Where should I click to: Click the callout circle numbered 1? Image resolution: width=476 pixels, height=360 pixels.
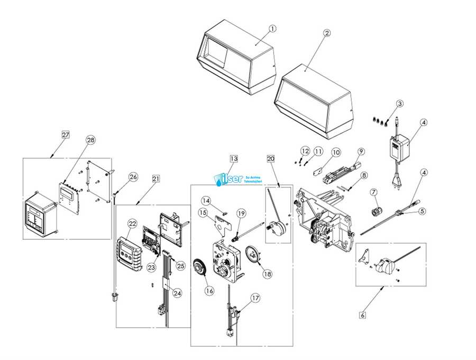(272, 28)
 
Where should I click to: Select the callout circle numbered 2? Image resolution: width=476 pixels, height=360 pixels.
(327, 33)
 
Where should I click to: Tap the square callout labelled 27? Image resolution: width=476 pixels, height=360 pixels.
(66, 135)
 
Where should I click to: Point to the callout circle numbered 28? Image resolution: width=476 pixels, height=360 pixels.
(90, 140)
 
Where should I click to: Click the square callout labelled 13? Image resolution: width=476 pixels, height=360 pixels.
(234, 159)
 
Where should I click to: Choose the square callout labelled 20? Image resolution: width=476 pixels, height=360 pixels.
(271, 159)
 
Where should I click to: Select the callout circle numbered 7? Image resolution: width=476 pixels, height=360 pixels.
(373, 191)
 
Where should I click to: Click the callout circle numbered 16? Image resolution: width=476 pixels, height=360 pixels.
(209, 291)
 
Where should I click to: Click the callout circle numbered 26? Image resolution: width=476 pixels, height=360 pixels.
(133, 176)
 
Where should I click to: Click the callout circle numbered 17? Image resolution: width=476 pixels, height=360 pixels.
(256, 298)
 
